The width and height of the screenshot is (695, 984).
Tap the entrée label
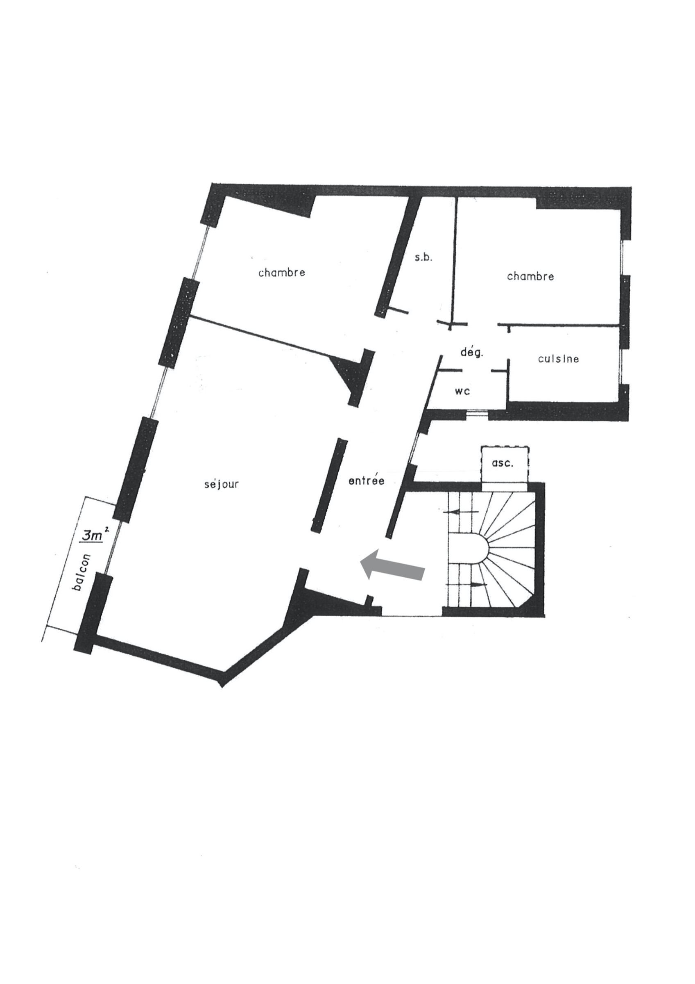coord(367,481)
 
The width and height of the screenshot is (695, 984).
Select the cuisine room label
coord(558,359)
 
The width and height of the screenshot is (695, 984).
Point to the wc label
coord(463,391)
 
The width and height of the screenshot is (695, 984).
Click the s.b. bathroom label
coord(424,258)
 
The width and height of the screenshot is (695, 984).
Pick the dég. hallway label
coord(472,353)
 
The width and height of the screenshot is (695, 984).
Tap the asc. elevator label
coord(504,463)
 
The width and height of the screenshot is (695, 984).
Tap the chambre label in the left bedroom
coord(282,272)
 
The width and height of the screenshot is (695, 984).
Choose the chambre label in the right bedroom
coord(530,276)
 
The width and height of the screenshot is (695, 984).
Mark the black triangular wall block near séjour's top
coord(355,375)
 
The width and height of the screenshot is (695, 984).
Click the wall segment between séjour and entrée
coord(329,485)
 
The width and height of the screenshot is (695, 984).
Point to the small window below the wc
coord(477,413)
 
